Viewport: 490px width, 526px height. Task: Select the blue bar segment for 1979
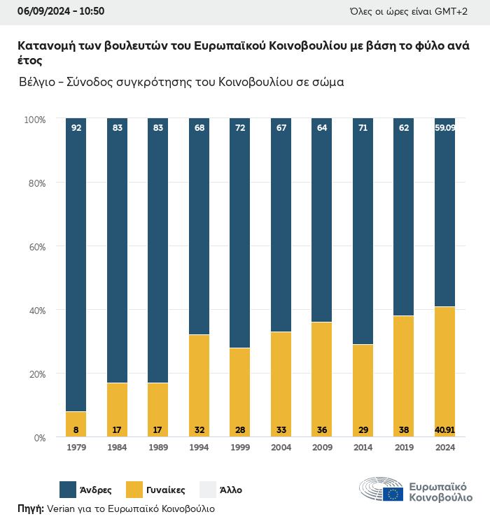coord(76,266)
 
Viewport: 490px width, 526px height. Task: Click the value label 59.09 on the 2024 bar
coord(444,128)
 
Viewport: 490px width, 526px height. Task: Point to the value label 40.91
coord(444,429)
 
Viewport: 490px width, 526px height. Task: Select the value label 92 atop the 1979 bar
coord(76,128)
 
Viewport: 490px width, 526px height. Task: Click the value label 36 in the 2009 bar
coord(321,429)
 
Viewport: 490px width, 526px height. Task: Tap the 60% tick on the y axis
coord(35,246)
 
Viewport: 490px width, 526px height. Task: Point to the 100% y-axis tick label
coord(34,120)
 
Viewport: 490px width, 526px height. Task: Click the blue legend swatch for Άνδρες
coord(68,490)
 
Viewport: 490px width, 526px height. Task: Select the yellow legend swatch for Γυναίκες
coord(134,490)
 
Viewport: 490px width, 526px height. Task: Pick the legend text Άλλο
coord(231,490)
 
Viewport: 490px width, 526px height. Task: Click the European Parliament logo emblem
coord(381,490)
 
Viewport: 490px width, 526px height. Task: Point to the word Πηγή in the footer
coord(31,509)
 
